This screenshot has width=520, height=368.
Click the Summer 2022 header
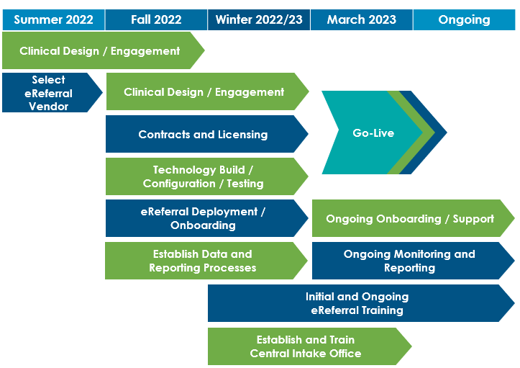(53, 19)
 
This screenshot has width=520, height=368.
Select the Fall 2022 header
(156, 19)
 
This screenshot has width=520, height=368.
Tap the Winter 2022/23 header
(259, 19)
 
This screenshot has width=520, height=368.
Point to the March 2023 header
(362, 19)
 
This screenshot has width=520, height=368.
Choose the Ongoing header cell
(465, 19)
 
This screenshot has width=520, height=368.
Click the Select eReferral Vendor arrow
(52, 93)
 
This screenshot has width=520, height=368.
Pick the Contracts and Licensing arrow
(207, 134)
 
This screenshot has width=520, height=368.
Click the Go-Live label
(373, 133)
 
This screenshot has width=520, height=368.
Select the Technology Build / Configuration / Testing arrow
(207, 176)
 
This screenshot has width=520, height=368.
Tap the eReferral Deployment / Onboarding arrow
(207, 218)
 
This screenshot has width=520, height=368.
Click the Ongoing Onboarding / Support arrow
(414, 218)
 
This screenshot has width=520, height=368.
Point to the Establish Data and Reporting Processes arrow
(206, 261)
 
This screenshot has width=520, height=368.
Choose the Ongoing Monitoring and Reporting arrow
(414, 261)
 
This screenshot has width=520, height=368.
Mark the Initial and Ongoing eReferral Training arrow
(361, 303)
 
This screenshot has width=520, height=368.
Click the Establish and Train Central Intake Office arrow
(310, 346)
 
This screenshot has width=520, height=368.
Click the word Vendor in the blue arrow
(48, 107)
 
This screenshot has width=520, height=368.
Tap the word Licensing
(243, 135)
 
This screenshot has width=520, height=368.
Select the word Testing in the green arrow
(245, 184)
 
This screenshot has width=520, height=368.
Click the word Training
(383, 310)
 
